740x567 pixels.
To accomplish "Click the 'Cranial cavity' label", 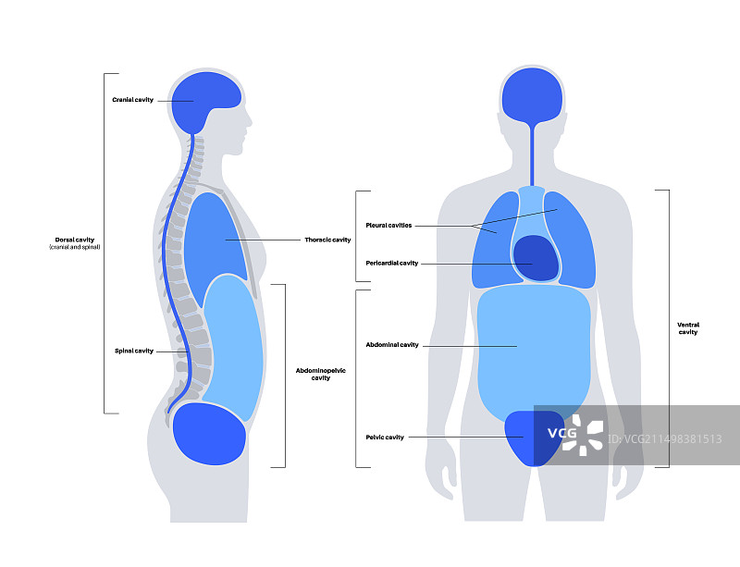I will [x=132, y=100].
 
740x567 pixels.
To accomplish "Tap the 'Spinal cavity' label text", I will [x=133, y=351].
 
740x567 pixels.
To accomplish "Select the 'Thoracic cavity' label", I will [x=327, y=240].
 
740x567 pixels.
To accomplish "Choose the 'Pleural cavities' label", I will [x=388, y=225].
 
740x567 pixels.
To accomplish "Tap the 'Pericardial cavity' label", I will [x=391, y=263].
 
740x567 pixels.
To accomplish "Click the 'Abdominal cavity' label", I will [x=392, y=344].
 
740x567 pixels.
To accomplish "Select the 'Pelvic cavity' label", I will [x=385, y=437].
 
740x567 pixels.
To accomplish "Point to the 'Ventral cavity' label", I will [x=687, y=328].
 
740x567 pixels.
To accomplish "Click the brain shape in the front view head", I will [x=532, y=97].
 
